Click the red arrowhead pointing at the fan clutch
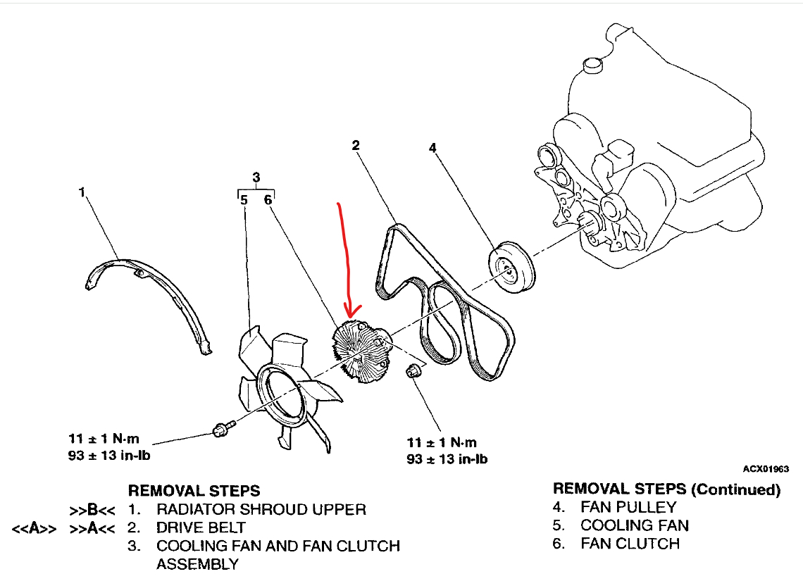click(350, 310)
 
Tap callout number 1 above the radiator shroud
click(82, 191)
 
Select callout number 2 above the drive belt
click(356, 145)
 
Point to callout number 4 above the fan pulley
click(432, 148)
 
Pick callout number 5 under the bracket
click(243, 200)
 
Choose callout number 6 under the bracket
click(268, 200)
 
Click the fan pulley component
click(512, 266)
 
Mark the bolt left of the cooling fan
click(220, 428)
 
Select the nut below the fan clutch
click(415, 370)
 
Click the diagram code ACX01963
click(765, 469)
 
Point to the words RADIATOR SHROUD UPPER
click(261, 509)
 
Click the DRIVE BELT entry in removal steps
click(201, 527)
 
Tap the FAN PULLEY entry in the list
click(628, 507)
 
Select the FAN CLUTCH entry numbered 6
click(630, 544)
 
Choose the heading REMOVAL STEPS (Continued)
click(666, 489)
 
